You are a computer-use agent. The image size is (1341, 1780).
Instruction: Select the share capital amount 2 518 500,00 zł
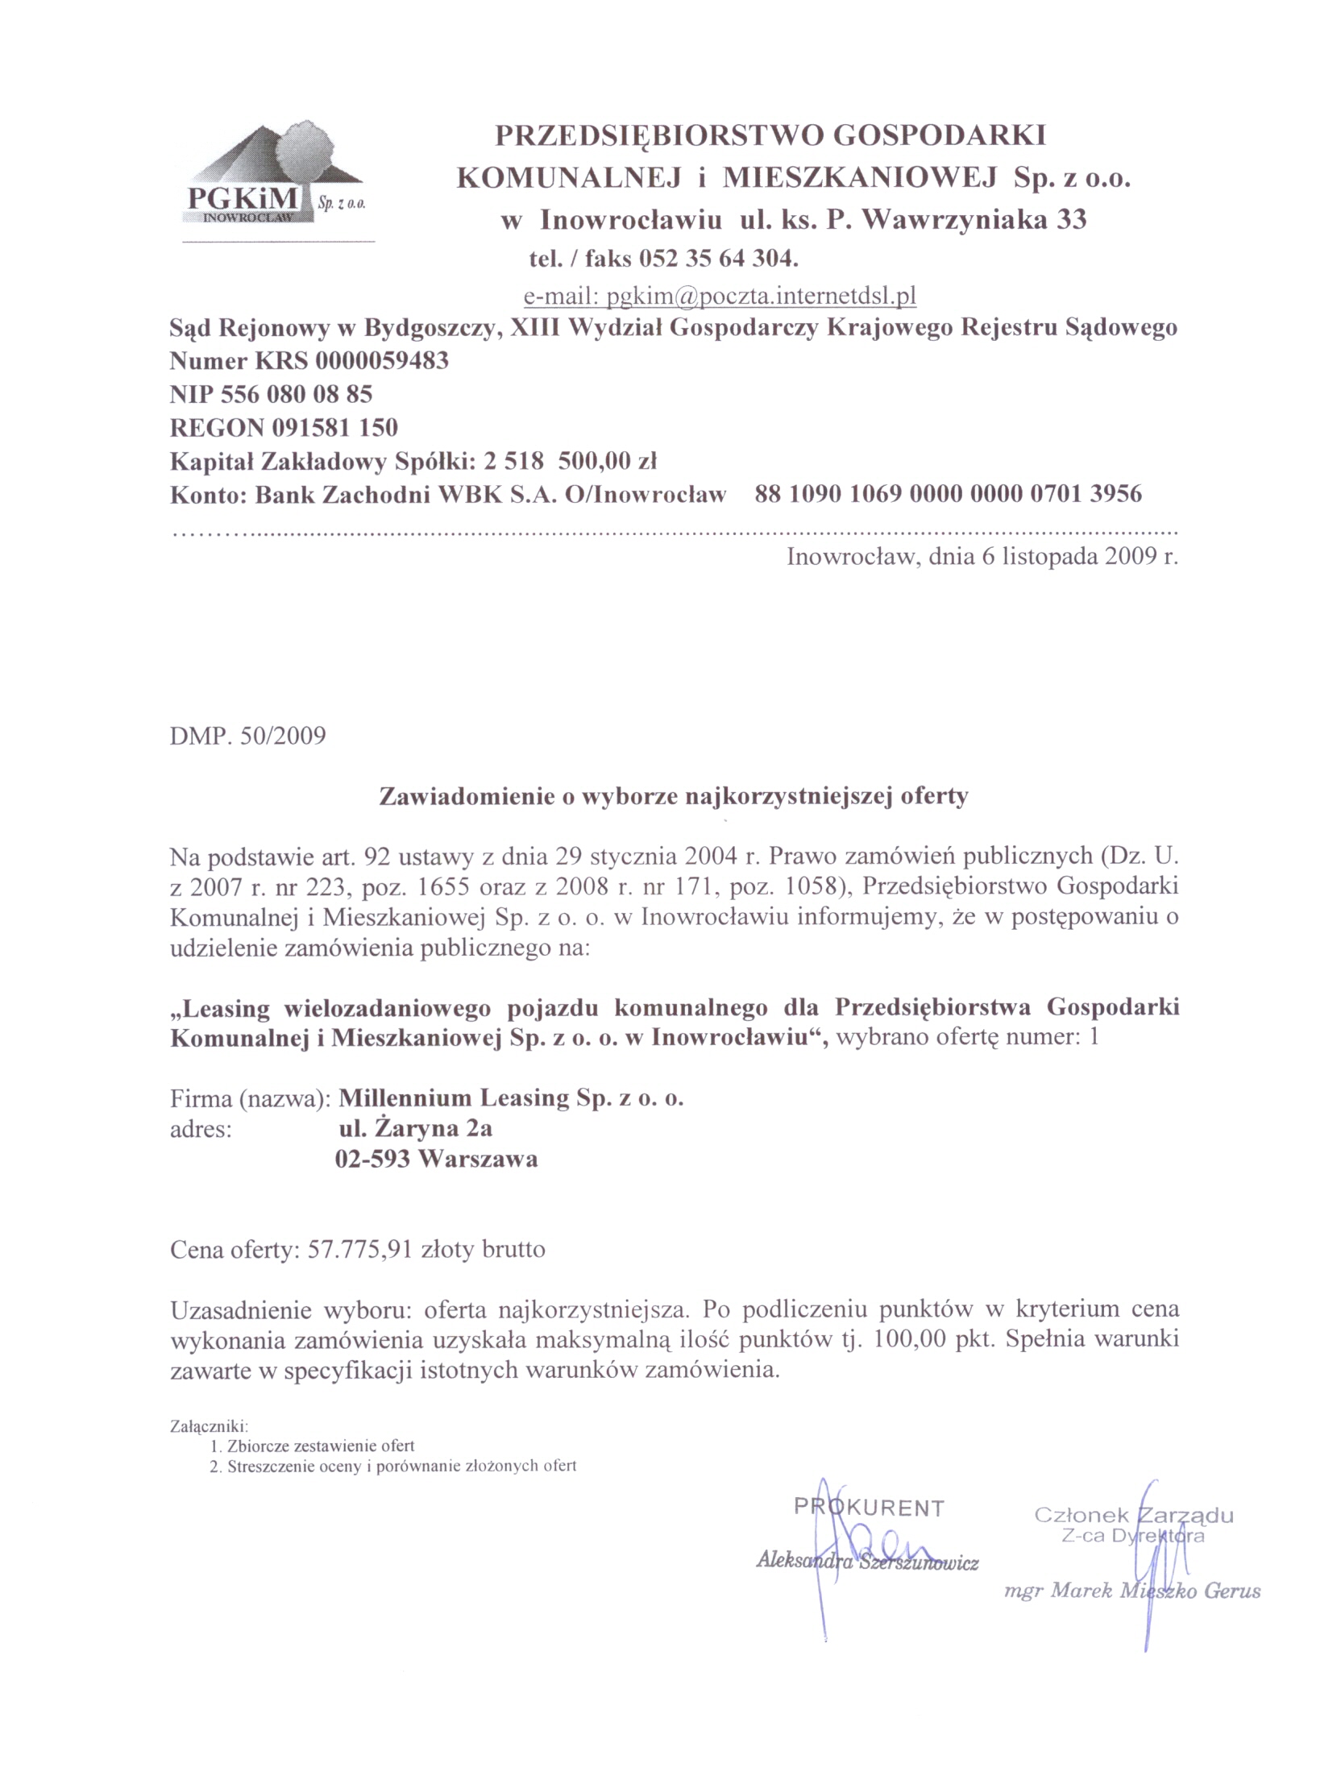(570, 461)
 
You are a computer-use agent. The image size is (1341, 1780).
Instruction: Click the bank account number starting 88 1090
(948, 493)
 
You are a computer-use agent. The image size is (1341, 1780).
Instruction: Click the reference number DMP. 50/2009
(248, 736)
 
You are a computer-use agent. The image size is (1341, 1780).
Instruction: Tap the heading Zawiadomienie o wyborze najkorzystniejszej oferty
(673, 796)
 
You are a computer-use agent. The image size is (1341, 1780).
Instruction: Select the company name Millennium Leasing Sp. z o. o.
(511, 1097)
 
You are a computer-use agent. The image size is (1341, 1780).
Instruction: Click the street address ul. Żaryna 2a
(415, 1128)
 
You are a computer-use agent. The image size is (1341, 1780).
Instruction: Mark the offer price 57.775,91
(360, 1250)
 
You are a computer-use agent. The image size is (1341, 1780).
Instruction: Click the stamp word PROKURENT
(869, 1507)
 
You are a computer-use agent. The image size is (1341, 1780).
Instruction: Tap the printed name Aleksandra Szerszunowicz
(867, 1561)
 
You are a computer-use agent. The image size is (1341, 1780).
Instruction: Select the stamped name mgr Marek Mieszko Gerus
(1132, 1590)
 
